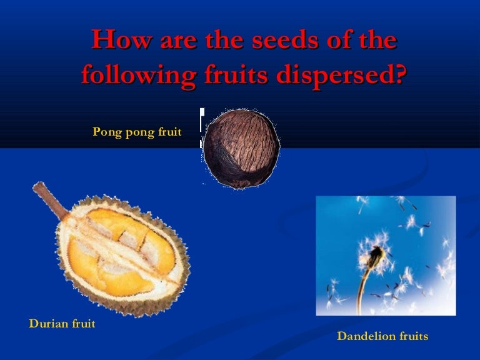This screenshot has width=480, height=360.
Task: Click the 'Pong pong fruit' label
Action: pyautogui.click(x=137, y=132)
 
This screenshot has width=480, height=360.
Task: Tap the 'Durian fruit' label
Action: pyautogui.click(x=62, y=324)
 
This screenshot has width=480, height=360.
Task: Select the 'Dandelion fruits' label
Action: pyautogui.click(x=382, y=336)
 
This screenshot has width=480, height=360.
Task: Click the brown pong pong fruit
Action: pyautogui.click(x=241, y=147)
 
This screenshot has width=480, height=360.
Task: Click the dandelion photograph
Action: pyautogui.click(x=386, y=256)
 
